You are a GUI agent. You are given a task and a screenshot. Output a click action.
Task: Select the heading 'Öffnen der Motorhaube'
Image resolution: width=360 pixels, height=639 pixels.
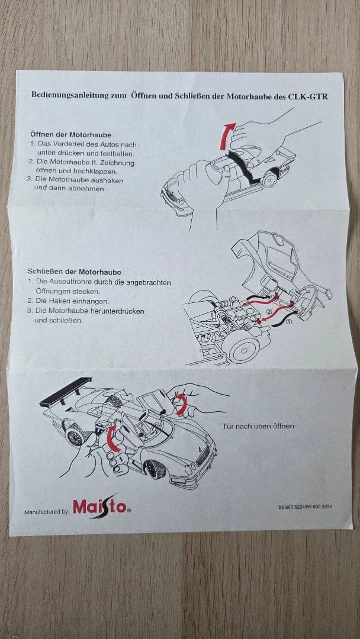point(70,135)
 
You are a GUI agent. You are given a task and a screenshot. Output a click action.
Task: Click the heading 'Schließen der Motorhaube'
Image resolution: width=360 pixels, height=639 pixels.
point(74,272)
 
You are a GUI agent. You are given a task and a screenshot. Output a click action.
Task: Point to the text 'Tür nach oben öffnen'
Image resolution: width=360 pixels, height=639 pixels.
point(258,426)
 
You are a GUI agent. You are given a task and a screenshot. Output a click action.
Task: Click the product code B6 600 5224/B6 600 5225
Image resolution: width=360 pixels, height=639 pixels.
point(305,507)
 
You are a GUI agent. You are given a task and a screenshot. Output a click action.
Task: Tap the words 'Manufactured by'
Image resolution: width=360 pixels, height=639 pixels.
point(46,512)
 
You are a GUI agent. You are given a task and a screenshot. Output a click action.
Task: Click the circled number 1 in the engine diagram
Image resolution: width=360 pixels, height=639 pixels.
point(290,323)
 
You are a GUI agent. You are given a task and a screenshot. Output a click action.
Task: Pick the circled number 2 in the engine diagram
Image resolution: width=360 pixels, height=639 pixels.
point(269,312)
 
